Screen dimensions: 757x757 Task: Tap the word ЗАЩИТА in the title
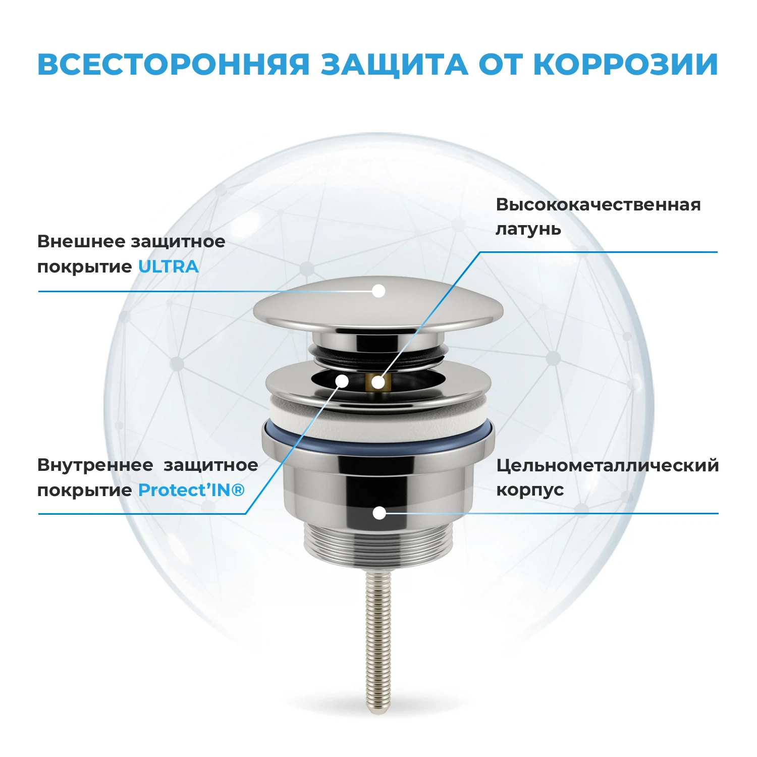[394, 65]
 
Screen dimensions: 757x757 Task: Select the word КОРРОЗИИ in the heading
[625, 65]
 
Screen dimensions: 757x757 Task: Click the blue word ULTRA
[168, 266]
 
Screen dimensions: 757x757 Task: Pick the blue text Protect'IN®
[191, 490]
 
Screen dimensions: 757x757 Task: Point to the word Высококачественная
[598, 204]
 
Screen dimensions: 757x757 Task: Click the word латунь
[528, 229]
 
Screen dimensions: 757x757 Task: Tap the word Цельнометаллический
[607, 465]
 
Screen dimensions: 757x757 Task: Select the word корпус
[530, 490]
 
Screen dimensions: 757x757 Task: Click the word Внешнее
[81, 241]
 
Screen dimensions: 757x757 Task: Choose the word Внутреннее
[95, 465]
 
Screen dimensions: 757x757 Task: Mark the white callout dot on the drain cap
[378, 291]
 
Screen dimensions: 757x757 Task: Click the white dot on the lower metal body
[379, 513]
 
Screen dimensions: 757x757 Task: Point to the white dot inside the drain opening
[342, 381]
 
